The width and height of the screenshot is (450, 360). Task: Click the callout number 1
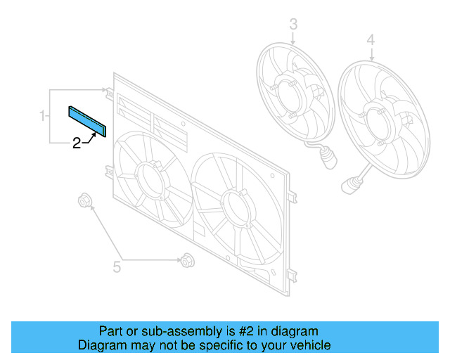43,115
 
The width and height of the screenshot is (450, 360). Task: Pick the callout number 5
117,266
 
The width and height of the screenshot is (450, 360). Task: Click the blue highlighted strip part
86,121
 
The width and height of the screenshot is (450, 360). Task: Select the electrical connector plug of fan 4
348,186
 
